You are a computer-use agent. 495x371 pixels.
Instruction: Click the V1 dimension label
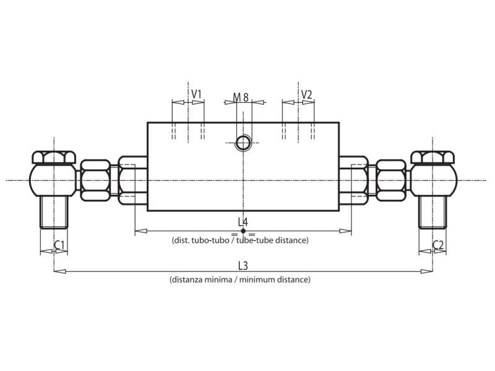[x=196, y=94]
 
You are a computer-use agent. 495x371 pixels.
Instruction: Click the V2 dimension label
[x=306, y=94]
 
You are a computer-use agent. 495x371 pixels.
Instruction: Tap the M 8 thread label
[x=241, y=97]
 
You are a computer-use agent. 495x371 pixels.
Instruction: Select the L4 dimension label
[x=243, y=221]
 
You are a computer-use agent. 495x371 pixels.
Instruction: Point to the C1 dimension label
[x=59, y=245]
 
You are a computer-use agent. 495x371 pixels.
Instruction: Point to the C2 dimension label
[x=437, y=245]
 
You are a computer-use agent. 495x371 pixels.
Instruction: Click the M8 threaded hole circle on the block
[x=243, y=143]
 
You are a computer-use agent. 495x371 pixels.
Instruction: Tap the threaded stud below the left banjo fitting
[x=54, y=211]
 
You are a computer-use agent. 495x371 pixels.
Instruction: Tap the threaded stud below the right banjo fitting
[x=433, y=211]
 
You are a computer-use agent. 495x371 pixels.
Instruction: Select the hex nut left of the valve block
[x=96, y=180]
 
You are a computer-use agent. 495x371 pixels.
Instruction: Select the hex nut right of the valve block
[x=391, y=180]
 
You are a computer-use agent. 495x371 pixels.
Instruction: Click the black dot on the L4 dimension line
[x=243, y=231]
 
